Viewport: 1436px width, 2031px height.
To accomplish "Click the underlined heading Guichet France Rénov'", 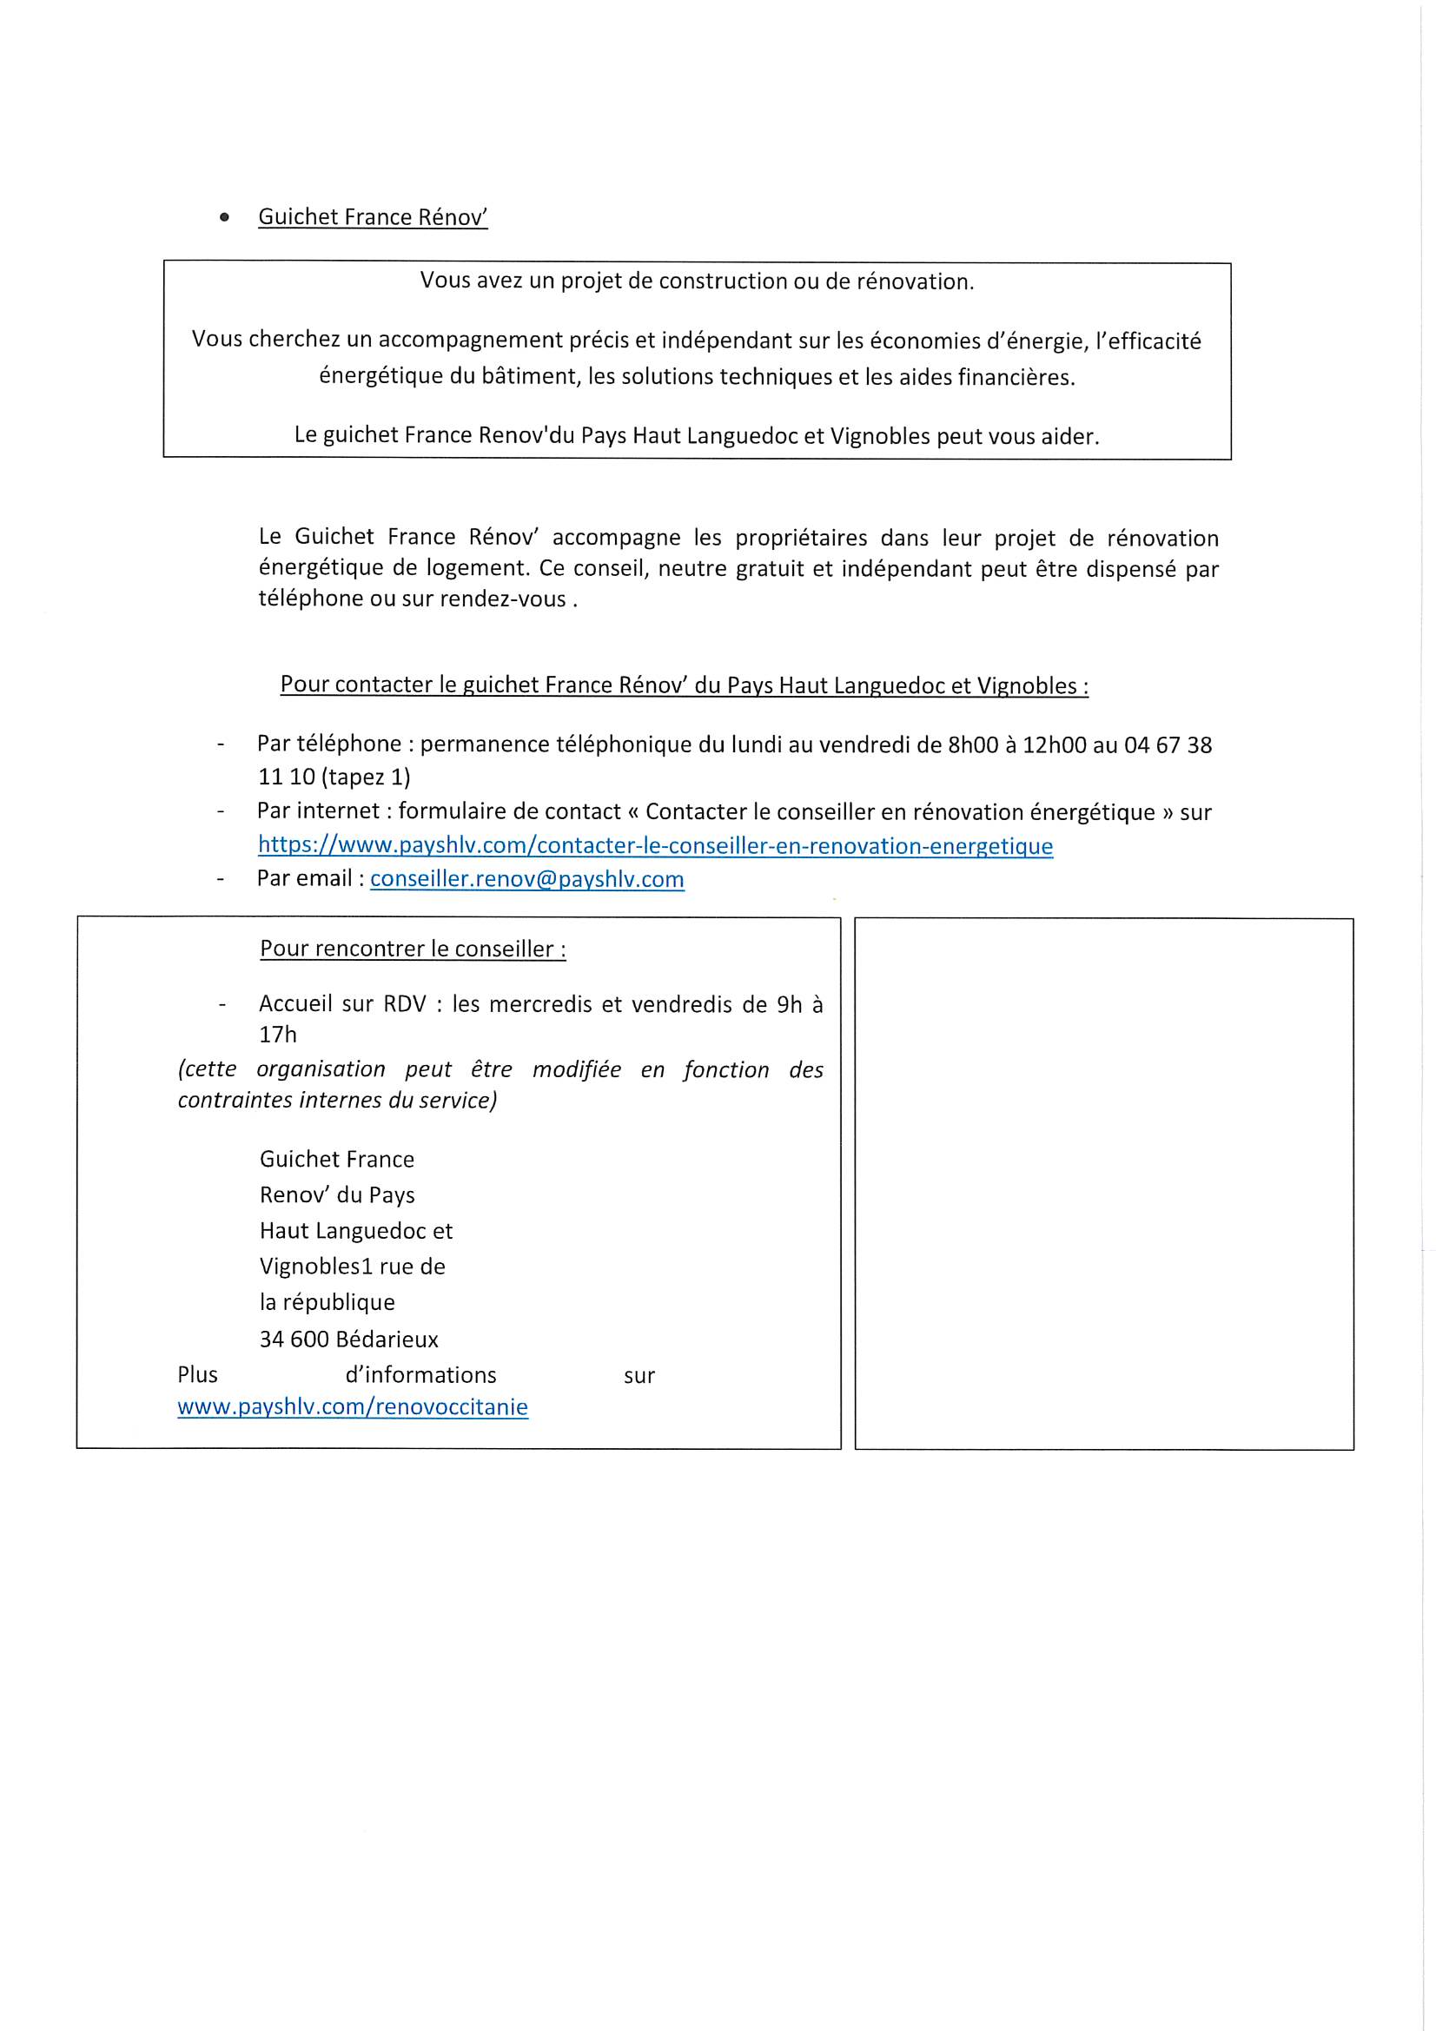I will click(373, 217).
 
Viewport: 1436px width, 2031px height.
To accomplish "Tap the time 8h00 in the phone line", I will click(972, 744).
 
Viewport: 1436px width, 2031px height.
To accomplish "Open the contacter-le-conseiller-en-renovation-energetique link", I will click(655, 845).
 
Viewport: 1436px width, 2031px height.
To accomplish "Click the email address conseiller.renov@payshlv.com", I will click(526, 879).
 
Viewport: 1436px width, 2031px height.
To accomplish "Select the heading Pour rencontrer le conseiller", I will click(413, 949).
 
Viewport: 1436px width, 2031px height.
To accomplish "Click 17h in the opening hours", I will click(278, 1034).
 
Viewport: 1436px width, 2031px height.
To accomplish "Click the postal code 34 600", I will click(294, 1340).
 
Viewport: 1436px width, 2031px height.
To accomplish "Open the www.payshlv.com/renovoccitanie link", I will click(352, 1407).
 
